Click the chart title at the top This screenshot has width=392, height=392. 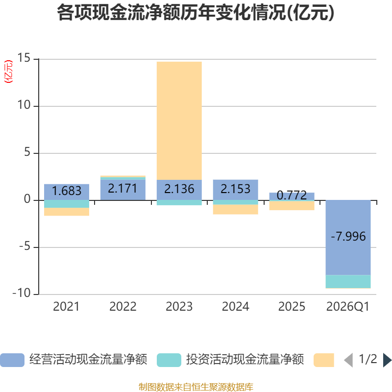point(196,13)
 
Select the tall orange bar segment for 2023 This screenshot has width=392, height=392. point(179,121)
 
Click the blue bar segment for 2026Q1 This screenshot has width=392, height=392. point(348,238)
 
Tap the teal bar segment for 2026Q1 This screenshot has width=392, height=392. point(348,281)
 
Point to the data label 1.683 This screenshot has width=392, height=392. point(67,191)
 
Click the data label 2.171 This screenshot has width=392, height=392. point(123,189)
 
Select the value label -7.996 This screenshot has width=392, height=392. point(348,237)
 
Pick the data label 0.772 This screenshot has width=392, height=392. point(292,195)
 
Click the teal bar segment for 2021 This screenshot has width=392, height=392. point(67,204)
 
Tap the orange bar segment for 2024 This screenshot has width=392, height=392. point(236,210)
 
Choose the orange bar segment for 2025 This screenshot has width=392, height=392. point(292,205)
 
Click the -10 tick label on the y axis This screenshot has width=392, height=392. point(22,293)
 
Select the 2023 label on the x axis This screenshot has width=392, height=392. point(179,307)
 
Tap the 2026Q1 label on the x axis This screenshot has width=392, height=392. point(348,307)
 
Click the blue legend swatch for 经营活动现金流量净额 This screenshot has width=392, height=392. point(12,360)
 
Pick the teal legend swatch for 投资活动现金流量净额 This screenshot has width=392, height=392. point(169,360)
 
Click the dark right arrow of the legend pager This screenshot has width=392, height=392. point(387,360)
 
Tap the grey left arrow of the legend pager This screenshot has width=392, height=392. point(348,360)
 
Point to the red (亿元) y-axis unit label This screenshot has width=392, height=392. point(8,72)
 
